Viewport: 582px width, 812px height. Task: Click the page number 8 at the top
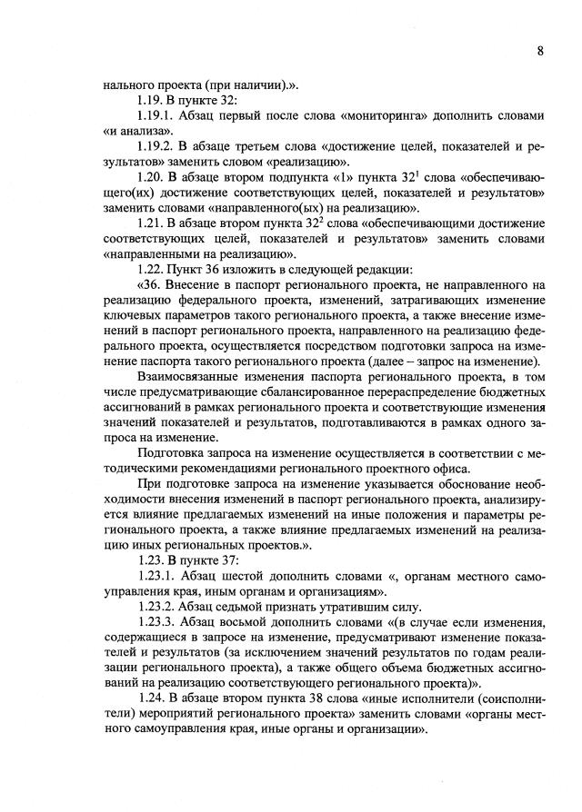(x=540, y=51)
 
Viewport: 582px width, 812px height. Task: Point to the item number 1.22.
(x=150, y=270)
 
